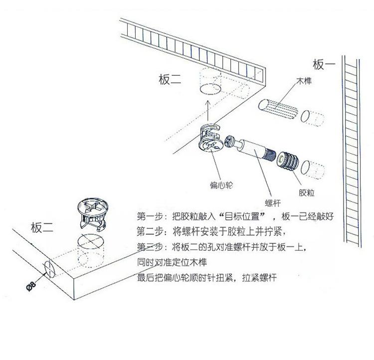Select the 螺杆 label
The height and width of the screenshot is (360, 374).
click(x=272, y=202)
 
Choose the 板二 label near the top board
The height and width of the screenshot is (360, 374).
click(x=170, y=80)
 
